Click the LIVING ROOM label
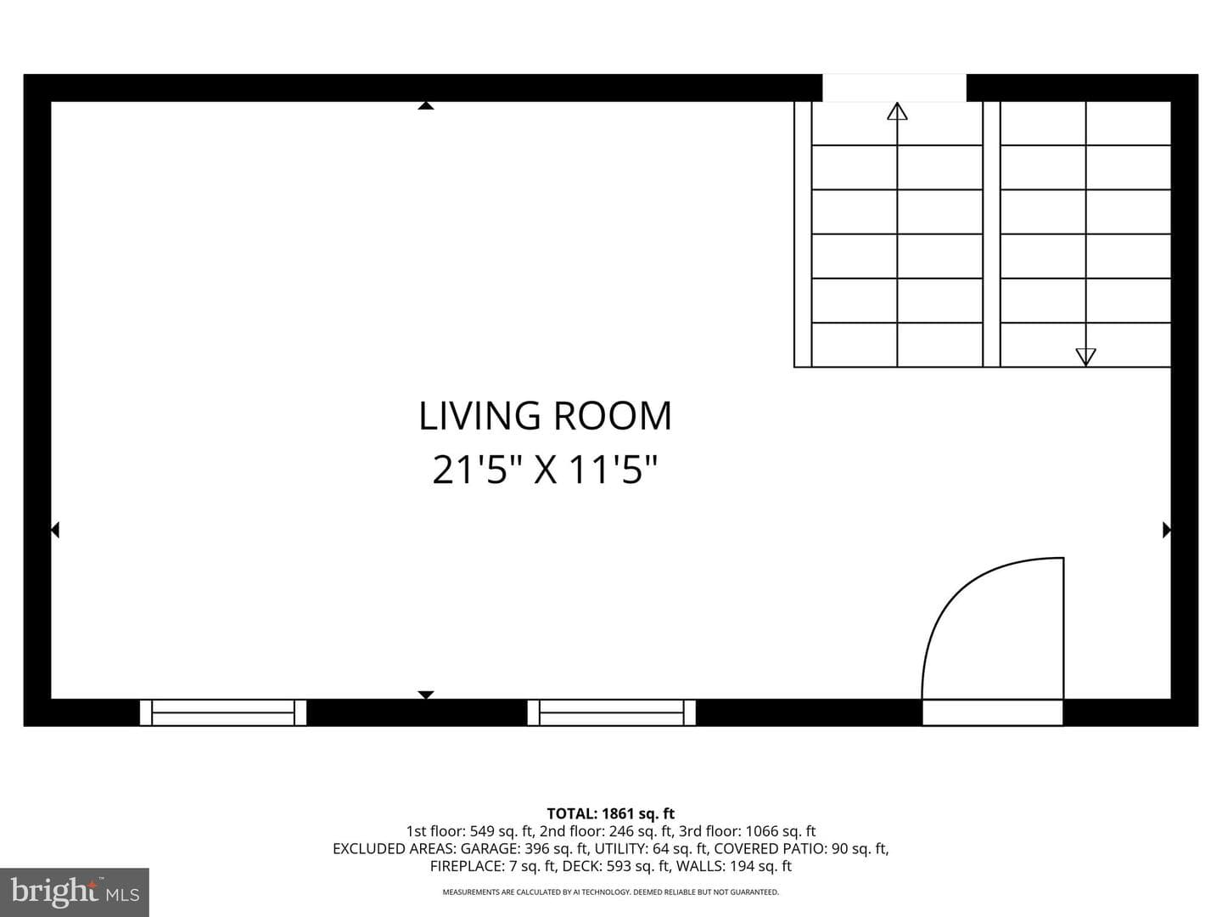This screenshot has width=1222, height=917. click(545, 416)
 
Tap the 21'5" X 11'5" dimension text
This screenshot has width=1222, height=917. click(545, 470)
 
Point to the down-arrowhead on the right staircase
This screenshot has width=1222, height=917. click(1085, 357)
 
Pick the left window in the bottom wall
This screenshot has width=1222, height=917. click(222, 712)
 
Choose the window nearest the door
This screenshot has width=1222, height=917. click(611, 712)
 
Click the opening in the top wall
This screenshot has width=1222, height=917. click(894, 88)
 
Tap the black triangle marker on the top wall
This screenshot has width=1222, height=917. click(426, 105)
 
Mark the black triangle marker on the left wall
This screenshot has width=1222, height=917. click(55, 530)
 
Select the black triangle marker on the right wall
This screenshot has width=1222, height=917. click(1167, 530)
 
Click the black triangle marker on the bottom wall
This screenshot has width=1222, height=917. click(426, 695)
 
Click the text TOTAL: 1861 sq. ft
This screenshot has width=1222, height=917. click(611, 813)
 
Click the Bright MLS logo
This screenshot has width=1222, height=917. click(75, 892)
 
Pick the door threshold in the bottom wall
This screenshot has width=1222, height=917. click(993, 712)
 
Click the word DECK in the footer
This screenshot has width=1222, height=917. click(578, 866)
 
